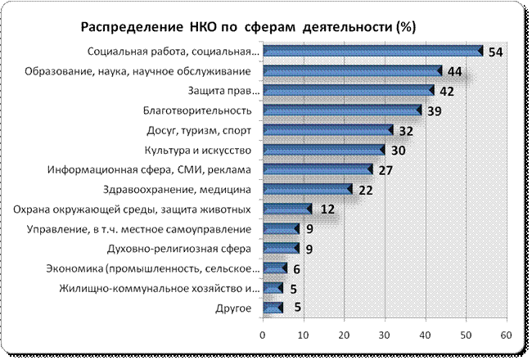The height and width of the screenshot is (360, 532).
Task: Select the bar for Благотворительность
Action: click(341, 110)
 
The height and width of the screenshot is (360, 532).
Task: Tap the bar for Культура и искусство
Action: click(323, 150)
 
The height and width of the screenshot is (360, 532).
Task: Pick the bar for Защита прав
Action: click(348, 91)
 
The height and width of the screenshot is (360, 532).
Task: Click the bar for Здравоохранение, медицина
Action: click(307, 189)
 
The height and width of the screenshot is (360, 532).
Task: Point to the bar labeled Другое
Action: click(273, 308)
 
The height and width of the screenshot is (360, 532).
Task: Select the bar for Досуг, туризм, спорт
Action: click(327, 130)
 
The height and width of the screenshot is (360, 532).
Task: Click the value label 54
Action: click(495, 52)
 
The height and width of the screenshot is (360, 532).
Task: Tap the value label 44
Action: click(455, 71)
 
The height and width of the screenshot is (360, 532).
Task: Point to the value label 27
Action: click(385, 169)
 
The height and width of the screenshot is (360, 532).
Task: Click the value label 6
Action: click(297, 268)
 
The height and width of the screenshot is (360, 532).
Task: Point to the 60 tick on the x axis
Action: click(506, 334)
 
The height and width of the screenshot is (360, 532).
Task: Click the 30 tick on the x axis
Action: click(384, 334)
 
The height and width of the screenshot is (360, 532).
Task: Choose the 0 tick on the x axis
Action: click(263, 334)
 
